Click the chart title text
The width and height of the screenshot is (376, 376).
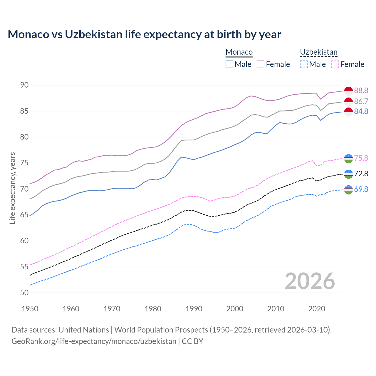tap(144, 34)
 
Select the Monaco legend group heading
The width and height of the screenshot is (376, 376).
tap(239, 52)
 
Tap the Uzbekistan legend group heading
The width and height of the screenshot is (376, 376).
tap(318, 52)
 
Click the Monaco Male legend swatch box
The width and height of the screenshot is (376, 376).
tap(229, 64)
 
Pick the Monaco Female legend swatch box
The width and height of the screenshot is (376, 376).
tap(261, 64)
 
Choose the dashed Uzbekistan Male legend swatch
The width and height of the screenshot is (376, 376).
tap(304, 64)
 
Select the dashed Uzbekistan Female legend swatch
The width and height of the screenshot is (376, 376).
tap(335, 64)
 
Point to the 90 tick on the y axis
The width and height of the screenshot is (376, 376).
tap(24, 85)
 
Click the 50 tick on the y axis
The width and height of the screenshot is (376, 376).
tap(24, 293)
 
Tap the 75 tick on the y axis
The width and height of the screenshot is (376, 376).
tap(24, 163)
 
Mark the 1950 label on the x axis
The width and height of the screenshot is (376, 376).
tap(30, 309)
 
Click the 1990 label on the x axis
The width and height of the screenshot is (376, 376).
tap(194, 309)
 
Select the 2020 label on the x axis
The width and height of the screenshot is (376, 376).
tap(317, 309)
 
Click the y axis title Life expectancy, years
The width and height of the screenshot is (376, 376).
tap(13, 188)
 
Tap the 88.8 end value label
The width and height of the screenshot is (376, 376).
tap(361, 90)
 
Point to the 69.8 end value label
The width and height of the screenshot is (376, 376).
tap(361, 189)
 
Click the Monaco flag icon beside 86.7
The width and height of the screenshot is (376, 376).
tap(348, 102)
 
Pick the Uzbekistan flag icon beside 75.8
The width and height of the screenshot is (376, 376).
tap(348, 158)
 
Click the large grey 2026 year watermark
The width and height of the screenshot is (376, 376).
tap(310, 281)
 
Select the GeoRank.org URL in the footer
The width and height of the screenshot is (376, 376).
tap(94, 341)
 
